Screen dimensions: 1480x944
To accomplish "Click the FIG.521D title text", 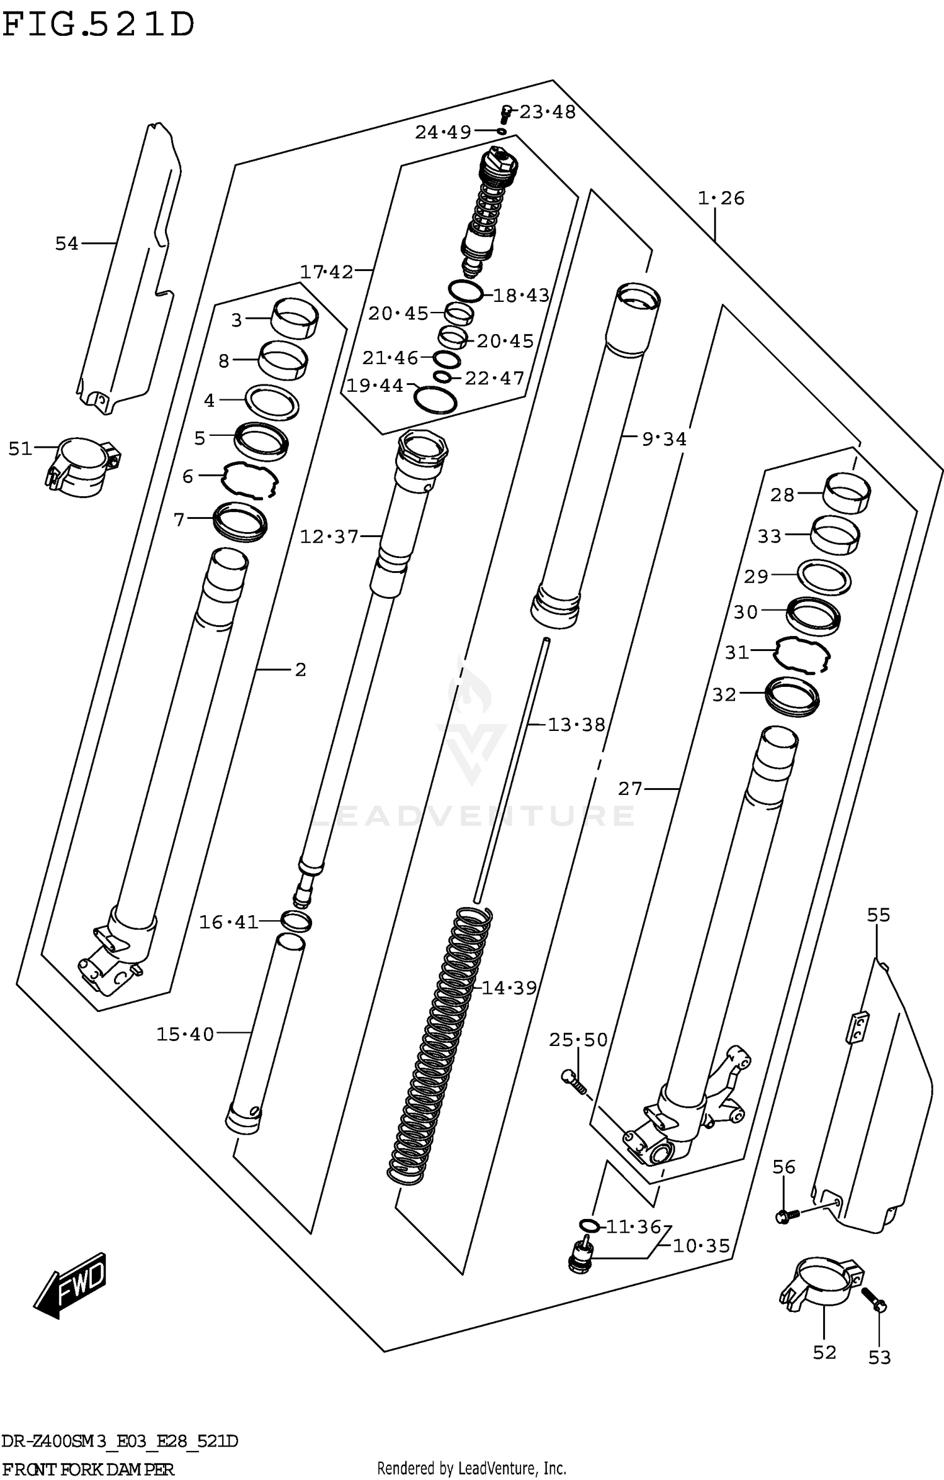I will click(99, 25).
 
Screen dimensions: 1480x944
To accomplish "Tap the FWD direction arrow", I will click(70, 1286).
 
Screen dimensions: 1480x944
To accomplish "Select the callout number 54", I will click(67, 243).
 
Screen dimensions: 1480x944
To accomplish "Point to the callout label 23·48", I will click(547, 112).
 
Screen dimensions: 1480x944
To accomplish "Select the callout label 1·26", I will click(721, 198).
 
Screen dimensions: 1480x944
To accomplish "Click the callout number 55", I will click(879, 915).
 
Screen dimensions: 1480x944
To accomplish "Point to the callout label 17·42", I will click(327, 272).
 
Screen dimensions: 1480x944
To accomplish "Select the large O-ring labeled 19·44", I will click(435, 400).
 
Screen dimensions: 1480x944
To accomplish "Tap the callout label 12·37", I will click(329, 537).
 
